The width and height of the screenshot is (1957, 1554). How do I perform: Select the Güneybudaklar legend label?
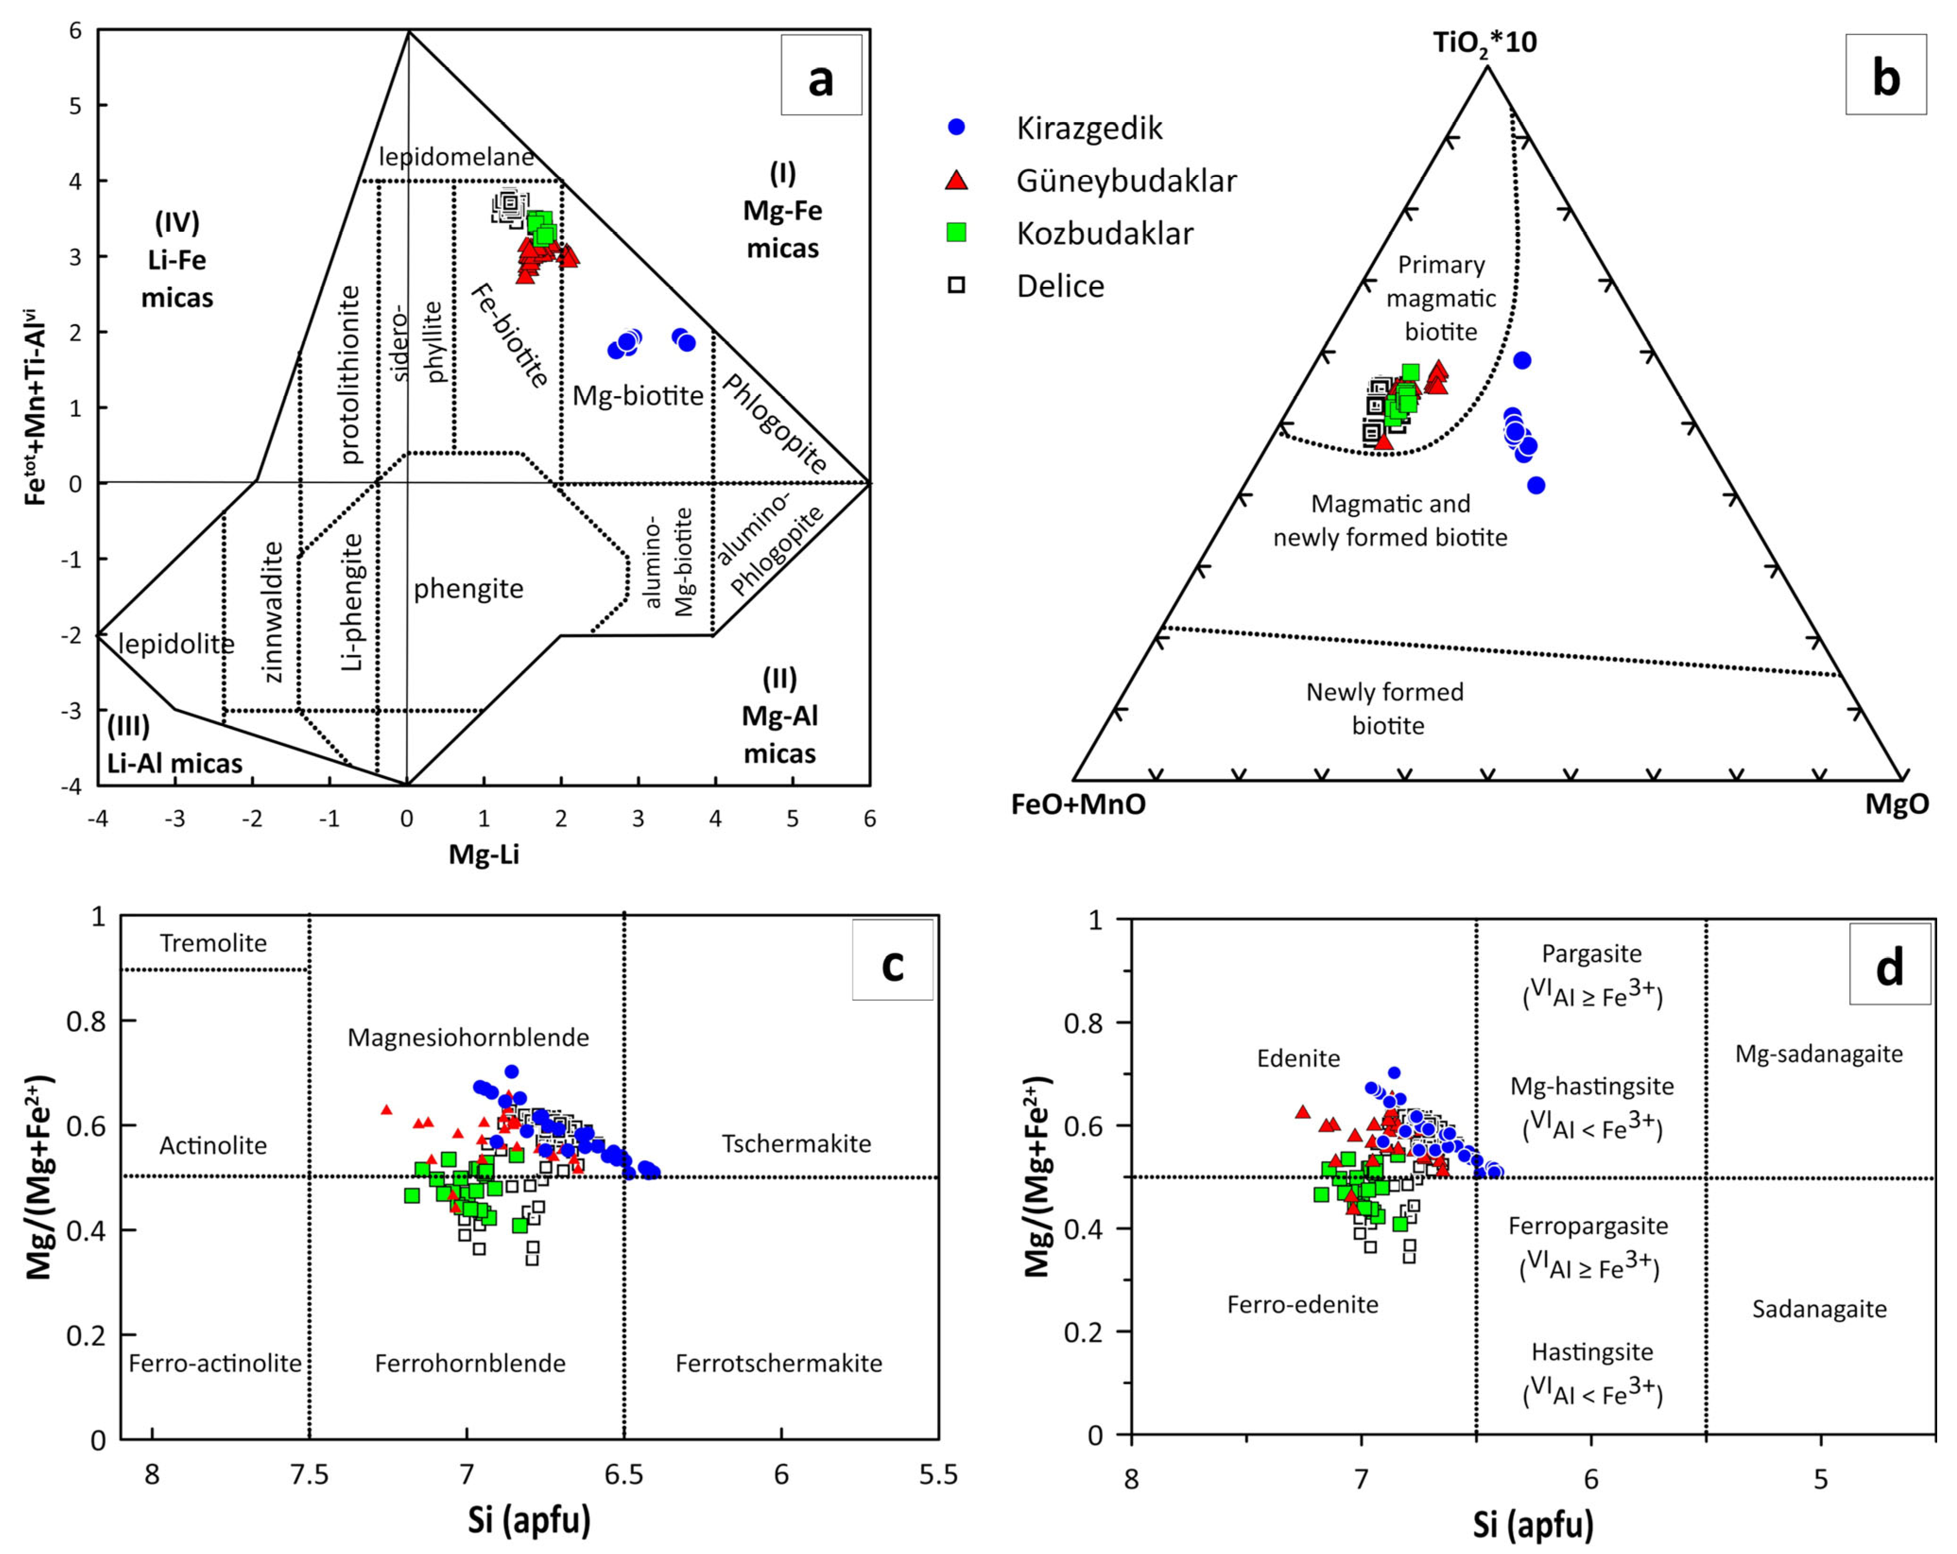pyautogui.click(x=1126, y=181)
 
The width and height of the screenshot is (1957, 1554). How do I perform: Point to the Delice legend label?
pyautogui.click(x=1060, y=286)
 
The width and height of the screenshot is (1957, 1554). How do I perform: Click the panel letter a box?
pyautogui.click(x=820, y=75)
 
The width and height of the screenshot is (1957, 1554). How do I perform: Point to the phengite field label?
pyautogui.click(x=468, y=589)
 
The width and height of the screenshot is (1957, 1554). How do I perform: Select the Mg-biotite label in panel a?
pyautogui.click(x=638, y=396)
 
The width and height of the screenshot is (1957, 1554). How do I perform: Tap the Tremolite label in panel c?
pyautogui.click(x=213, y=943)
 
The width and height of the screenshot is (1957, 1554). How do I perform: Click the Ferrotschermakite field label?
pyautogui.click(x=779, y=1364)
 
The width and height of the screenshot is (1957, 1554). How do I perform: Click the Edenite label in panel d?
pyautogui.click(x=1298, y=1058)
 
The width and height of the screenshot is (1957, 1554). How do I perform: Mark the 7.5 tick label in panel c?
pyautogui.click(x=310, y=1474)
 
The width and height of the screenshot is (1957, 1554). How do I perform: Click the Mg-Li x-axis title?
pyautogui.click(x=484, y=854)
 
